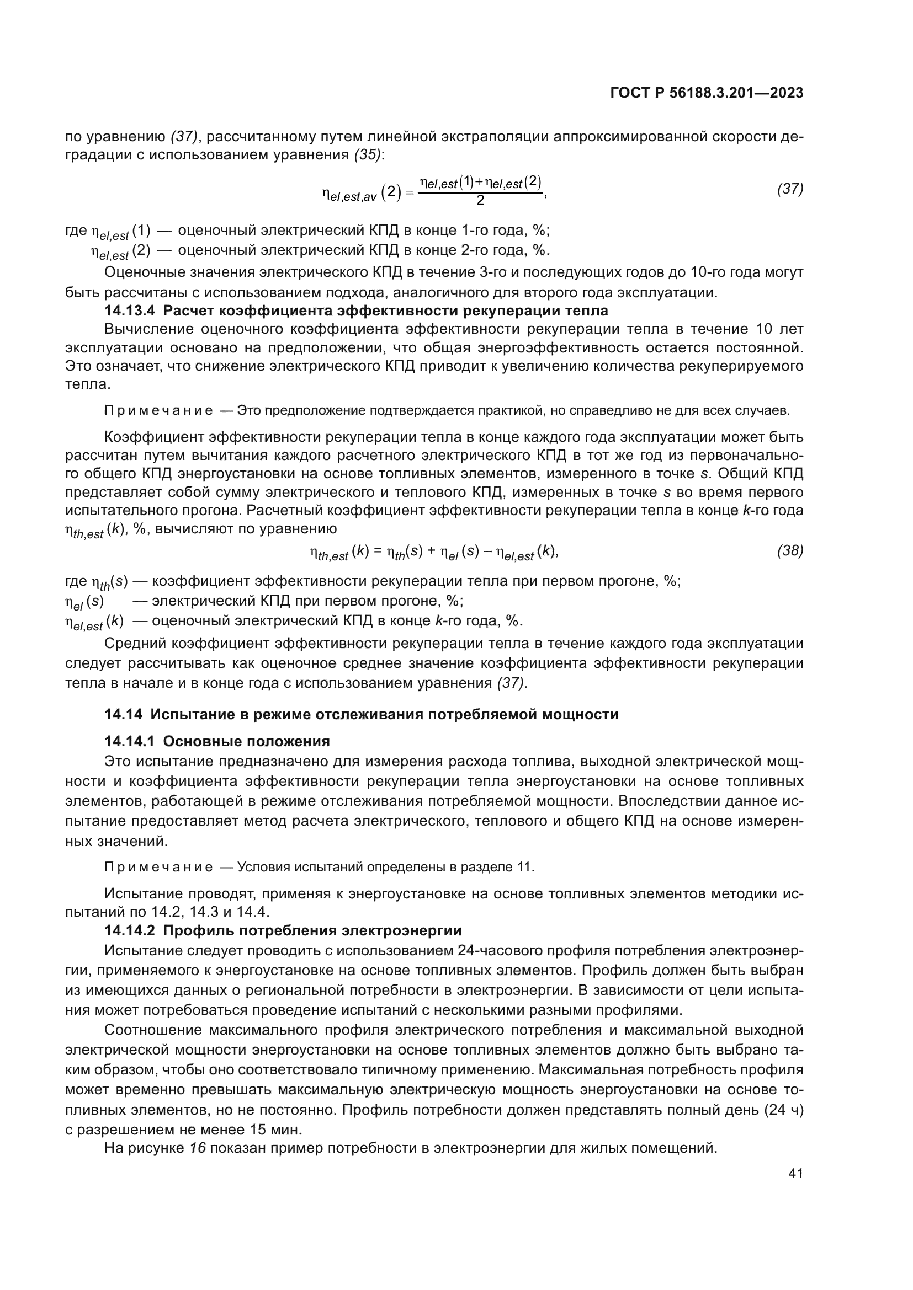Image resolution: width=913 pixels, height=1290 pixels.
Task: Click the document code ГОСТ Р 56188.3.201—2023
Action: click(706, 93)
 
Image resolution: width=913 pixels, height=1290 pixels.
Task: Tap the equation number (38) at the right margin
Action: click(790, 551)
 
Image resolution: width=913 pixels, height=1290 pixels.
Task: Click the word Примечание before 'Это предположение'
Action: click(158, 411)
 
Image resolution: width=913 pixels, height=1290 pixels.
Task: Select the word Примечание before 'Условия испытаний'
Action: click(158, 867)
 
